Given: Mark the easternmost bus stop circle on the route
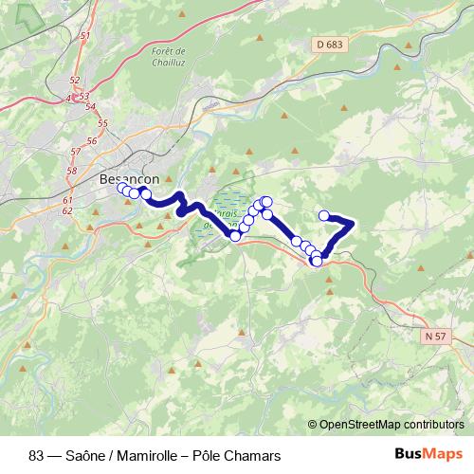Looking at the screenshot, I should (x=324, y=215).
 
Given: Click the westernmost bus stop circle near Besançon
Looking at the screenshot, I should (x=121, y=189).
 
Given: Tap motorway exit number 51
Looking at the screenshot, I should (x=85, y=36).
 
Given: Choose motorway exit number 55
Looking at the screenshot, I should (x=102, y=123).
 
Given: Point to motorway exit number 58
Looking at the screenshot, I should (x=71, y=170).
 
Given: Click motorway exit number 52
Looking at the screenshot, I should (x=75, y=81).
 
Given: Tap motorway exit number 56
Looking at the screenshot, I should (x=91, y=140).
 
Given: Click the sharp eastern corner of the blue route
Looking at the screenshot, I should (x=353, y=224).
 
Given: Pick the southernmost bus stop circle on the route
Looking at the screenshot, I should (x=316, y=261).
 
